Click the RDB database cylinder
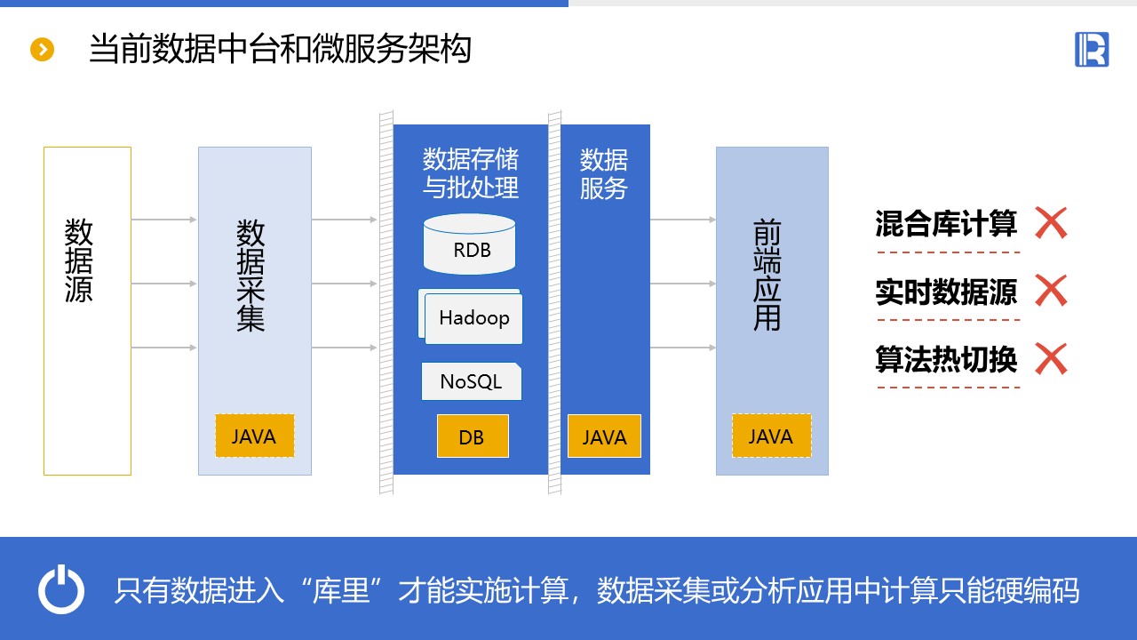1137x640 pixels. (470, 244)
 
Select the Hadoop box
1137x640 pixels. (473, 318)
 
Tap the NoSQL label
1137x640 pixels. (471, 382)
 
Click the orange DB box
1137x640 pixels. (472, 436)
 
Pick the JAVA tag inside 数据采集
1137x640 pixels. (254, 436)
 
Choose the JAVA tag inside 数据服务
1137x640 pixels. (604, 436)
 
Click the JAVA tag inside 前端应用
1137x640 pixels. (771, 436)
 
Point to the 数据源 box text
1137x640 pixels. (79, 260)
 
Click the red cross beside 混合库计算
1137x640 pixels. (1051, 223)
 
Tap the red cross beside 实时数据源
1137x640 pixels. (1051, 291)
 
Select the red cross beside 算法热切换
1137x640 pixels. (1051, 359)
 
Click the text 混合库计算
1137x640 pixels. (946, 223)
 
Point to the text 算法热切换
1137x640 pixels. (946, 359)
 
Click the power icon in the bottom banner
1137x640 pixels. (61, 590)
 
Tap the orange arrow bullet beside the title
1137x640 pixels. (43, 50)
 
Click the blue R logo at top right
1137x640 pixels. (1092, 49)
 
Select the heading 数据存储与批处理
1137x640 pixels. (471, 173)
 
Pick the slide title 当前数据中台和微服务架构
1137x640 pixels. (280, 49)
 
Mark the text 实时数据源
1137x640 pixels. (946, 292)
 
